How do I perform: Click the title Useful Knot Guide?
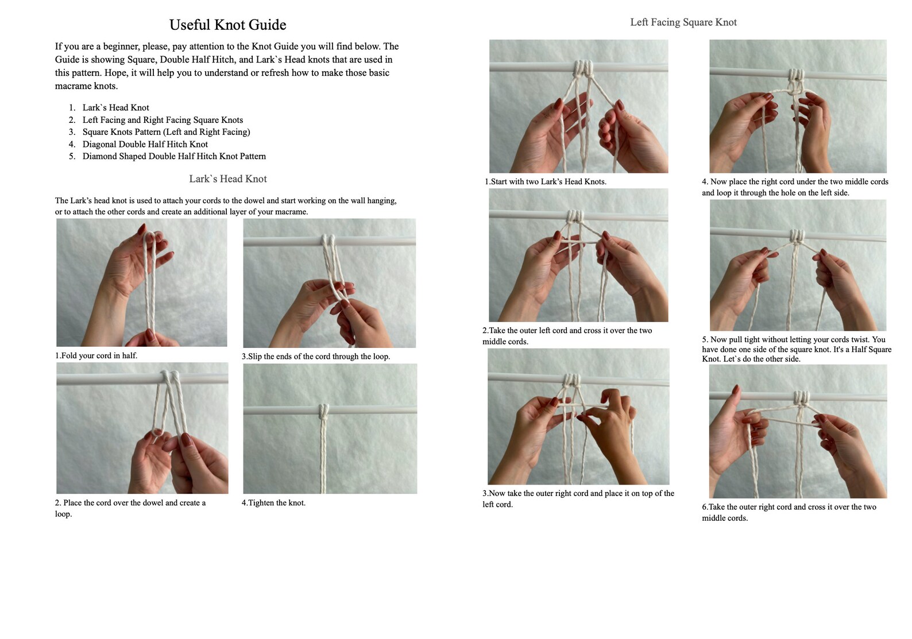click(227, 25)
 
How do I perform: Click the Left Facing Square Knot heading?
click(683, 22)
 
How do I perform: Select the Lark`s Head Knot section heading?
click(227, 179)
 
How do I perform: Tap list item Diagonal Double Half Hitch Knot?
click(145, 144)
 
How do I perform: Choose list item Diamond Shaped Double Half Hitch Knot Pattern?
click(174, 156)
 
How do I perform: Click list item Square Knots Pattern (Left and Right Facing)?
click(166, 132)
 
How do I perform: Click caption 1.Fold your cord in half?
click(96, 356)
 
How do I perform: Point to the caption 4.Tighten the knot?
click(273, 503)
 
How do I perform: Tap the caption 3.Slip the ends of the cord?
click(315, 357)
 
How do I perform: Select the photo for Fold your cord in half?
click(141, 282)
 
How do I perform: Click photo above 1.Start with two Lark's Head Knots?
click(578, 106)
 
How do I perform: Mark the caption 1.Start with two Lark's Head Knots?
click(545, 182)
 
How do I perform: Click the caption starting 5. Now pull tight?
click(796, 349)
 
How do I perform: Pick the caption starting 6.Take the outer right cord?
click(789, 512)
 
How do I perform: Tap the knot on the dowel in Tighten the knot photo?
click(324, 410)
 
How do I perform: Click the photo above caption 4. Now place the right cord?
click(798, 106)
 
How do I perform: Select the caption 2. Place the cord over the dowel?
click(130, 508)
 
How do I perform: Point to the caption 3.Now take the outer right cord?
click(578, 499)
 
